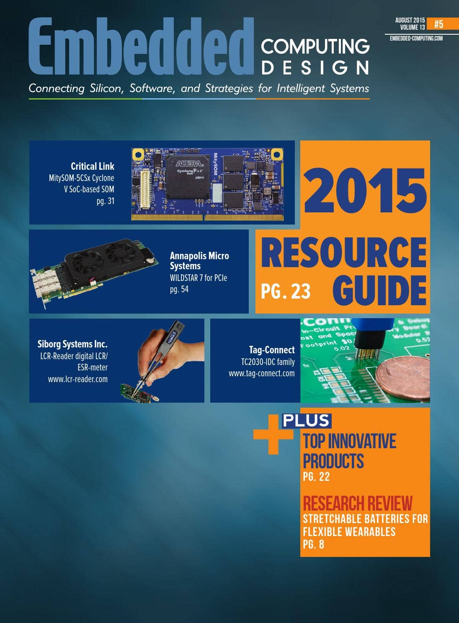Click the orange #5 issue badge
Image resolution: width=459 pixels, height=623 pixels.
438,24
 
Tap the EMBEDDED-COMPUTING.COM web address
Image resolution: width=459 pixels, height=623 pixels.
416,38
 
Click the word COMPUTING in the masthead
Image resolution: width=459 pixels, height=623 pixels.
315,46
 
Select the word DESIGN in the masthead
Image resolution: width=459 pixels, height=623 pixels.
315,68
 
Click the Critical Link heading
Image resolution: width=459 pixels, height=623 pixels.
92,166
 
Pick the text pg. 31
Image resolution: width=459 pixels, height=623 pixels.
105,201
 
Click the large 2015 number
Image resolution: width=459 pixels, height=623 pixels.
364,190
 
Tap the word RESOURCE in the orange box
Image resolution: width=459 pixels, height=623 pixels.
344,253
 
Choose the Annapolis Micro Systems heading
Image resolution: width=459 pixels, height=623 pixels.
199,260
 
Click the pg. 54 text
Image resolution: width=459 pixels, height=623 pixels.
179,289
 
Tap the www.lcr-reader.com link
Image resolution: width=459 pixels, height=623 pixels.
77,379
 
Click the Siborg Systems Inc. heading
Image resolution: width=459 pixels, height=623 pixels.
72,344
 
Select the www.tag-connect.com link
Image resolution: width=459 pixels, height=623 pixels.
261,373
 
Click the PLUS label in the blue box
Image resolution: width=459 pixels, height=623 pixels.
307,421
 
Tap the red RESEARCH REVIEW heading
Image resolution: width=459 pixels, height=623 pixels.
357,503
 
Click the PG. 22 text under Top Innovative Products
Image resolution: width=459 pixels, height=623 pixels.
316,477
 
